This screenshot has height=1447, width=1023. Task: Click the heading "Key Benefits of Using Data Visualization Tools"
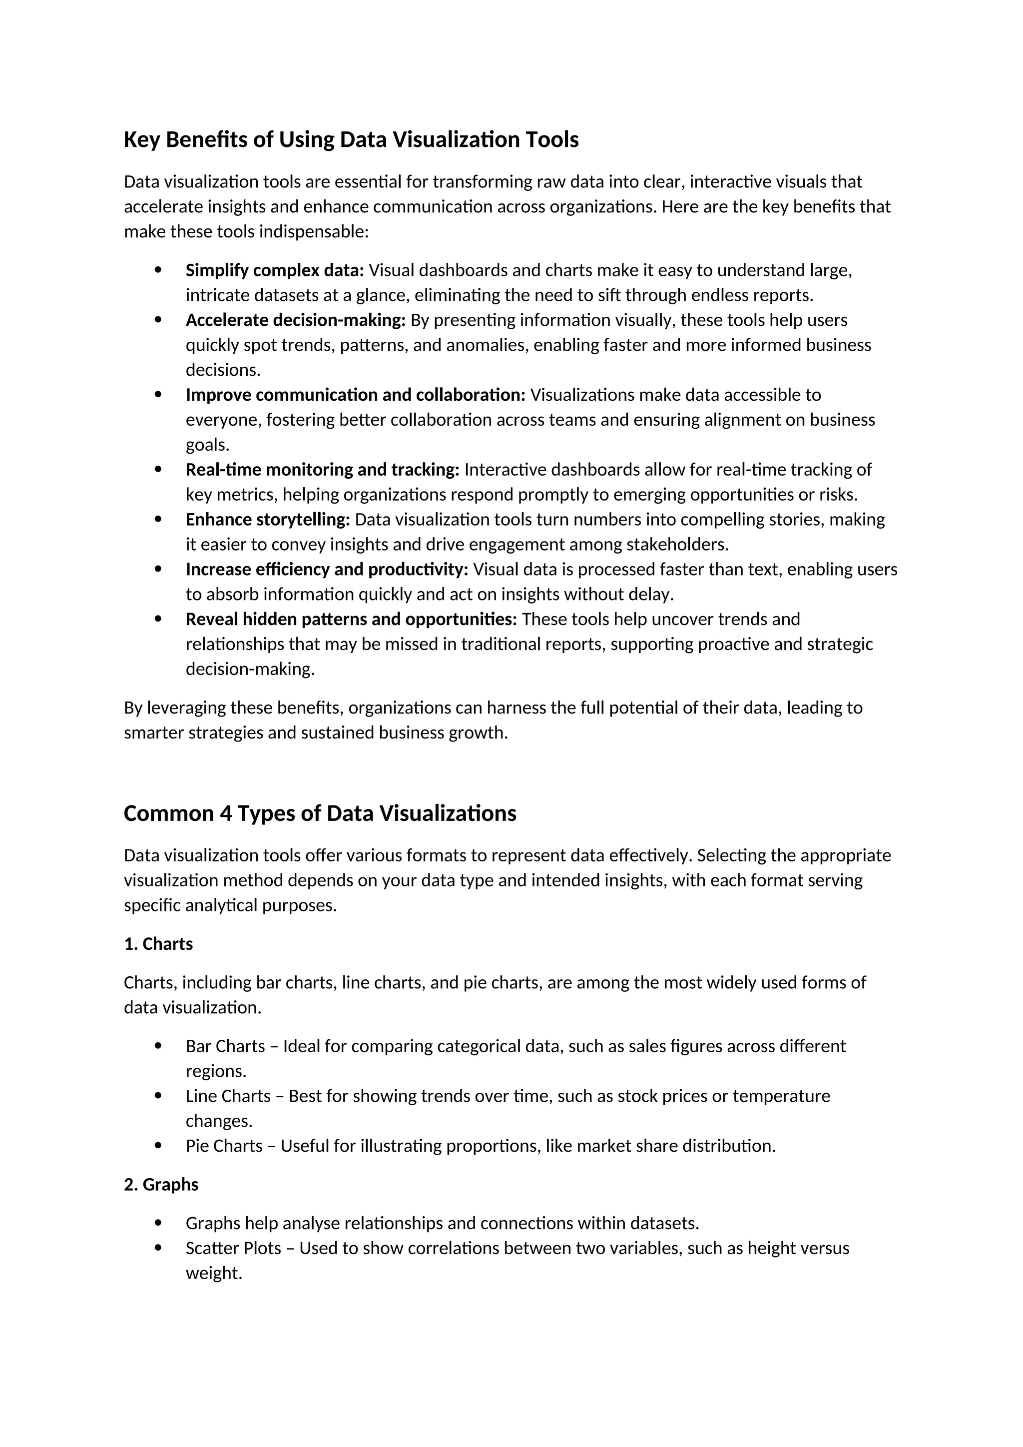351,139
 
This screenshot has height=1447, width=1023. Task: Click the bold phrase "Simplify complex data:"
275,270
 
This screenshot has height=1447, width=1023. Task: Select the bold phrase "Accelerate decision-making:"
295,320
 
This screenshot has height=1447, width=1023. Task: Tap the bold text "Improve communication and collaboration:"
355,395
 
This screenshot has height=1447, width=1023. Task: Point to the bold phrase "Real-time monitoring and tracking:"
323,470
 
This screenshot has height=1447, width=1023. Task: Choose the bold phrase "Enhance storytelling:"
268,519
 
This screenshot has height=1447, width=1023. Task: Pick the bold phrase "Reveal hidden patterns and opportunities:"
351,619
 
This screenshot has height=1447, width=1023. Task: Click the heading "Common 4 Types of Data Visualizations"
320,813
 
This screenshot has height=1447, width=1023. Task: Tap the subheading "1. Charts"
158,943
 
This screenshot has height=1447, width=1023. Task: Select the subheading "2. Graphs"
161,1184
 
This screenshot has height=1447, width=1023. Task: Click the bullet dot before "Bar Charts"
158,1046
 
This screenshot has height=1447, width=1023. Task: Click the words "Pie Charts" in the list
224,1146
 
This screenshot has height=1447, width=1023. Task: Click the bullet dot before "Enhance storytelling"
158,519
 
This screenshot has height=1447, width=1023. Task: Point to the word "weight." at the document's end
214,1273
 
